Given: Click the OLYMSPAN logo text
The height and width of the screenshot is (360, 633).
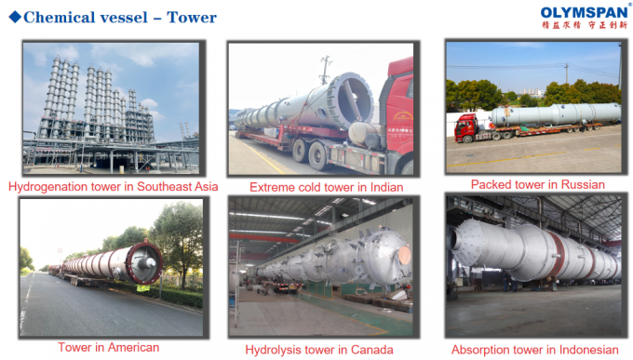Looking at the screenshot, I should point(583,12).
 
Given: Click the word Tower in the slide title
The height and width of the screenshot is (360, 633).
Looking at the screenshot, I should point(192,17).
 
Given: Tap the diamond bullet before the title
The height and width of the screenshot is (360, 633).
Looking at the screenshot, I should point(14,17).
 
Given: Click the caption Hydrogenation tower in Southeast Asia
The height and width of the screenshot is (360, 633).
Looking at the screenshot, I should point(114,186).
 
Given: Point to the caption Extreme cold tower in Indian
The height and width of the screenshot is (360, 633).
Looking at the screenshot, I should point(326,187).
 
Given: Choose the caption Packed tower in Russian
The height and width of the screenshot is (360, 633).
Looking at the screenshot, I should point(537,184).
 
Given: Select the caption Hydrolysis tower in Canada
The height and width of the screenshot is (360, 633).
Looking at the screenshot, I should point(318,350).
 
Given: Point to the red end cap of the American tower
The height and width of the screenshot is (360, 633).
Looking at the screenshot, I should point(147,263).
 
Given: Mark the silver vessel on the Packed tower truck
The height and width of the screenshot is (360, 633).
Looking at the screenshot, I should point(554,114).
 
